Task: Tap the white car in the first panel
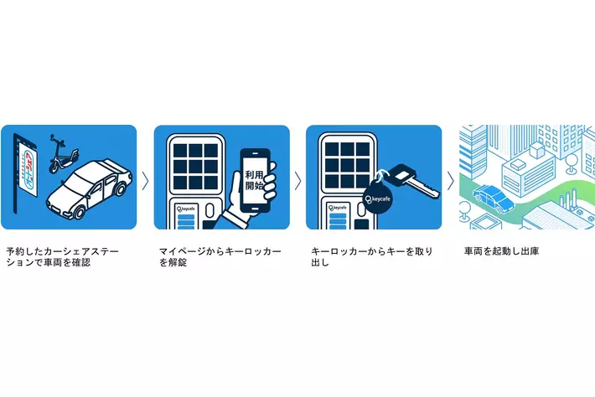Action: click(90, 188)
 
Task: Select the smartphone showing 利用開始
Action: click(255, 180)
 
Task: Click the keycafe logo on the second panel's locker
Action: click(185, 209)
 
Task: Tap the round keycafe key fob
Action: click(378, 198)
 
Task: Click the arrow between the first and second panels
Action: click(145, 181)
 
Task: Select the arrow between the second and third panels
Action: click(297, 181)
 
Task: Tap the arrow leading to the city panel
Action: click(450, 181)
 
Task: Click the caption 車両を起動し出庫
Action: click(501, 251)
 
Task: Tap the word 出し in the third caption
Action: click(320, 262)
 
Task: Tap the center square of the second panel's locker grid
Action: click(195, 166)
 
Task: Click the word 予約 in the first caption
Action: click(15, 251)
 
